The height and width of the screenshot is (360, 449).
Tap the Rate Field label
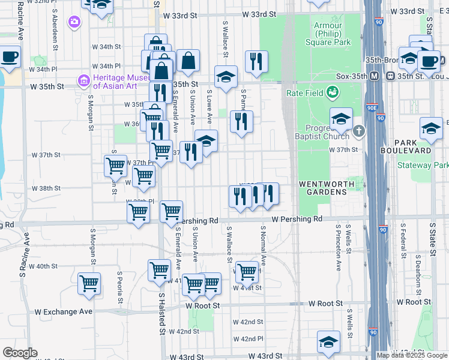302,92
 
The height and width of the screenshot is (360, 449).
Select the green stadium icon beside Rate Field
332,92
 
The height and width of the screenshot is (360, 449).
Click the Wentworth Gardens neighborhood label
323,187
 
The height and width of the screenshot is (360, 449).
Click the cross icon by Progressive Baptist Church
359,130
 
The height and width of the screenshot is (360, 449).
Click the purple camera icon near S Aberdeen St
74,22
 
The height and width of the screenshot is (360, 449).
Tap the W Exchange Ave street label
64,311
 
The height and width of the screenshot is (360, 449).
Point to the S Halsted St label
161,313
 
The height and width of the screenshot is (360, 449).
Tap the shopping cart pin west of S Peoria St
89,283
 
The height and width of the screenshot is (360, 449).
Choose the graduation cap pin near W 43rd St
328,342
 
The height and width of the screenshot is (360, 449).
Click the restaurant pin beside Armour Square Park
256,61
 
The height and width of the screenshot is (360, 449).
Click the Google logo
20,353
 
